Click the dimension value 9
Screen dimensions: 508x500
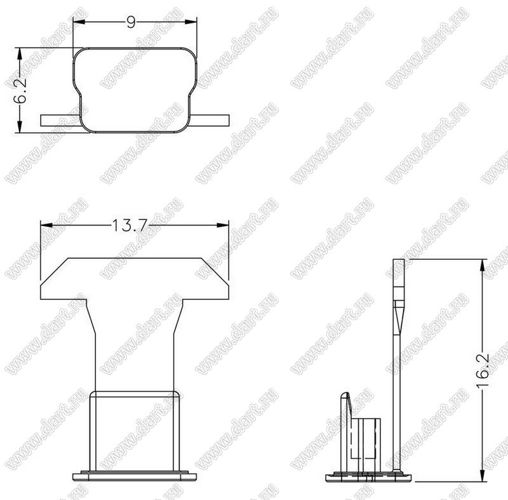pyautogui.click(x=131, y=22)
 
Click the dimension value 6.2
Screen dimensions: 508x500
pyautogui.click(x=20, y=91)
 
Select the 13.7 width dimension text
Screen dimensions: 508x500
pyautogui.click(x=130, y=225)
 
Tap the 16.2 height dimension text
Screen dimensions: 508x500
pyautogui.click(x=483, y=370)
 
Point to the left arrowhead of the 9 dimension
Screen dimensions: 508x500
pyautogui.click(x=79, y=22)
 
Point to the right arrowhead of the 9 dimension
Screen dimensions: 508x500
pyautogui.click(x=191, y=22)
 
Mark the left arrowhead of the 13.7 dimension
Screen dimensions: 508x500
pyautogui.click(x=46, y=225)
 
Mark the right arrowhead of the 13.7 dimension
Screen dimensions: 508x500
pyautogui.click(x=223, y=225)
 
